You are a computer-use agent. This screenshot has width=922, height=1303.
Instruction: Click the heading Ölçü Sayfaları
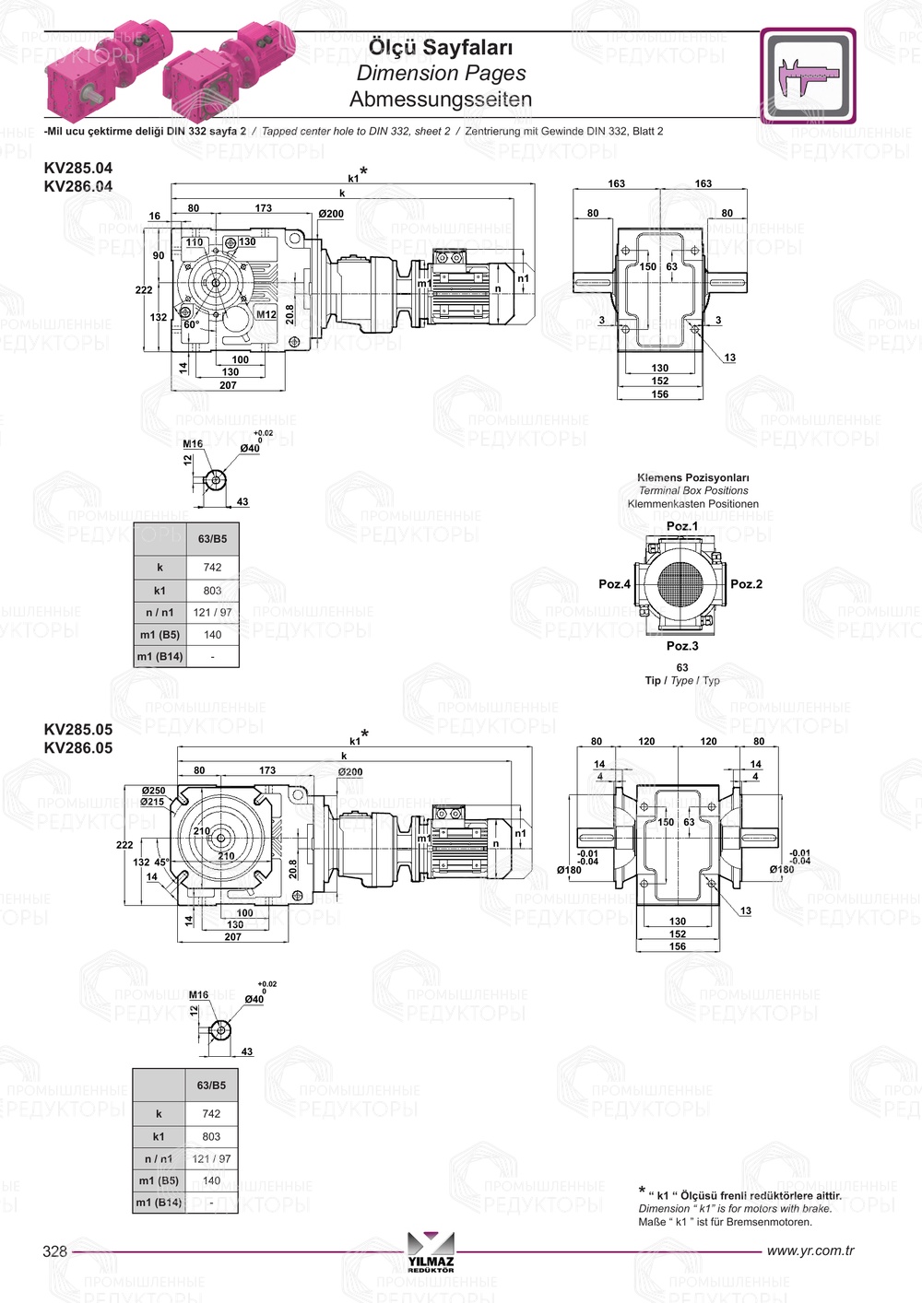[440, 47]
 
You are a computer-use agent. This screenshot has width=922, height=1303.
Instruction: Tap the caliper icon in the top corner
[808, 76]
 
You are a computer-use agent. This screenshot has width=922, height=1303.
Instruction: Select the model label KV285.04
[78, 168]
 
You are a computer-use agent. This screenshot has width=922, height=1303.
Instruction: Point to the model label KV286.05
[78, 748]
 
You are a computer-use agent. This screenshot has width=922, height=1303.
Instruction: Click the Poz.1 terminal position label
[682, 526]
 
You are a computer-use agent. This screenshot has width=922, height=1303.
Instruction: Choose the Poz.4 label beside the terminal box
[614, 584]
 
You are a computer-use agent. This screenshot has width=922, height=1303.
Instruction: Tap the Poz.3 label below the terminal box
[682, 646]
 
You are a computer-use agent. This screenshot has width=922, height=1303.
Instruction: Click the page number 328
[55, 1250]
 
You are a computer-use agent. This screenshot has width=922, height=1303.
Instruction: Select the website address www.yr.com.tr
[810, 1250]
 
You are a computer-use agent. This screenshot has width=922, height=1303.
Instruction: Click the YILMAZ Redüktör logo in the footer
[431, 1253]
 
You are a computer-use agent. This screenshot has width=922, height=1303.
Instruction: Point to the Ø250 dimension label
[153, 791]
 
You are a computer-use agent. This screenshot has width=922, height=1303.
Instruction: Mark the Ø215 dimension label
[153, 802]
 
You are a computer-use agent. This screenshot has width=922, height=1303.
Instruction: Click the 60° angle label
[191, 325]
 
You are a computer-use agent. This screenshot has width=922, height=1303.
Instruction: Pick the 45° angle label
[162, 863]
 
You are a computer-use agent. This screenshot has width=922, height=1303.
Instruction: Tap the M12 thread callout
[266, 314]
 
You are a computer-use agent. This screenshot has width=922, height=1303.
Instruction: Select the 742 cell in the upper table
[212, 568]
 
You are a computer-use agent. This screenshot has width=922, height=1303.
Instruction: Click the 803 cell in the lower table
[211, 1136]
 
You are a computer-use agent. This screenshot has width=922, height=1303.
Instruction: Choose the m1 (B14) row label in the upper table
[160, 657]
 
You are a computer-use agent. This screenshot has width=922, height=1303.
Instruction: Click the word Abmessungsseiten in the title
[440, 99]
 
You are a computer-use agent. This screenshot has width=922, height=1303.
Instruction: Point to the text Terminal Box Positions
[693, 491]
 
